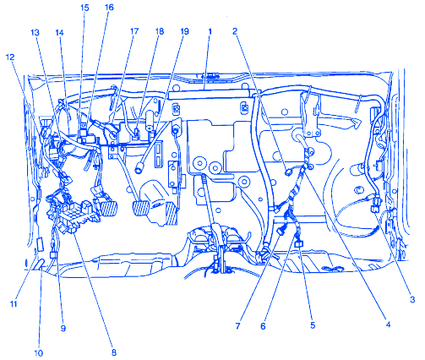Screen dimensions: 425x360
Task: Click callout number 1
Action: tap(210, 31)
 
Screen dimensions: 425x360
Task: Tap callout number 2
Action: tap(235, 31)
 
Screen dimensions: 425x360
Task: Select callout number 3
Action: tap(412, 300)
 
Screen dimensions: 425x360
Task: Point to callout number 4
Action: tap(388, 325)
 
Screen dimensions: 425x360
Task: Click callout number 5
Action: tap(313, 325)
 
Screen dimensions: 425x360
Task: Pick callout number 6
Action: tap(263, 326)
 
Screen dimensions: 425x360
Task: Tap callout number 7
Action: tap(237, 326)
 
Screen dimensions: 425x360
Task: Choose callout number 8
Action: tap(113, 352)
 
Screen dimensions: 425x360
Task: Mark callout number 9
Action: tap(63, 328)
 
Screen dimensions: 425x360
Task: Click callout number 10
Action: tap(38, 352)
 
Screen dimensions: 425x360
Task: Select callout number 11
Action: tap(14, 304)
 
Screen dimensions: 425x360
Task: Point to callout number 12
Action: tap(10, 57)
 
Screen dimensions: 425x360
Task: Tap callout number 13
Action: tap(35, 33)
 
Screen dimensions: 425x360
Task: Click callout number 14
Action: tap(59, 33)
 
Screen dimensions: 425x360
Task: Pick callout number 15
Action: tap(84, 8)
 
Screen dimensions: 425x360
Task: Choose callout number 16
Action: tap(109, 8)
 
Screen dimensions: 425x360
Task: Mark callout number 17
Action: tap(134, 31)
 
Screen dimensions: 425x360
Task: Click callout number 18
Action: tap(160, 31)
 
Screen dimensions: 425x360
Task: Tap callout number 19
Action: tap(184, 31)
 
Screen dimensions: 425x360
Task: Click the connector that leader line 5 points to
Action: tap(298, 244)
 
